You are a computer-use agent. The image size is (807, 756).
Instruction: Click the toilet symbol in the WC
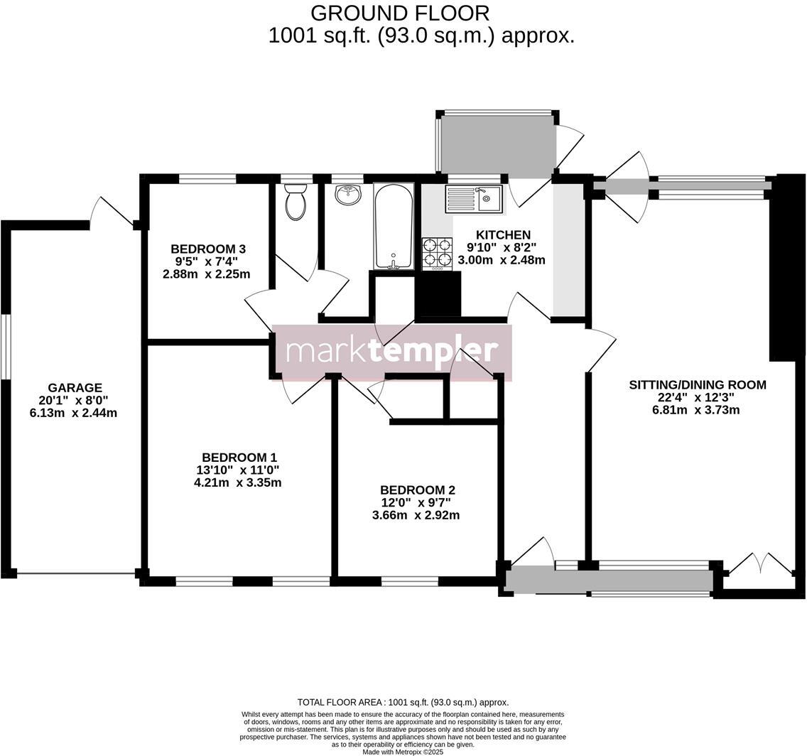pyautogui.click(x=296, y=202)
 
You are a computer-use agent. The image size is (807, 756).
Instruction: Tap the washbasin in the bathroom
pyautogui.click(x=347, y=195)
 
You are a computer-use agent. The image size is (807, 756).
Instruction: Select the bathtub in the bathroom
pyautogui.click(x=394, y=227)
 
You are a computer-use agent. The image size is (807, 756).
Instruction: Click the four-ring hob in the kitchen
pyautogui.click(x=437, y=254)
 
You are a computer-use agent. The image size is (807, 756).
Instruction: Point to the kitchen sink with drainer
pyautogui.click(x=473, y=198)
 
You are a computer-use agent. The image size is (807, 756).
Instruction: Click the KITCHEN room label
pyautogui.click(x=503, y=235)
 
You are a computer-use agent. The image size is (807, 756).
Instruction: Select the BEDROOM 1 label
pyautogui.click(x=239, y=458)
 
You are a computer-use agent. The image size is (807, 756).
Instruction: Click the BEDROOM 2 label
pyautogui.click(x=417, y=490)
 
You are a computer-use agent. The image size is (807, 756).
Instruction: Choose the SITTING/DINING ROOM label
pyautogui.click(x=697, y=385)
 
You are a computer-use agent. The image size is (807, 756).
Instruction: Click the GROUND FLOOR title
pyautogui.click(x=400, y=13)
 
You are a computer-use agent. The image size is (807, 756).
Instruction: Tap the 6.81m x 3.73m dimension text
pyautogui.click(x=695, y=410)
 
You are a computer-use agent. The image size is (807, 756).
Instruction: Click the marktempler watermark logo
pyautogui.click(x=391, y=352)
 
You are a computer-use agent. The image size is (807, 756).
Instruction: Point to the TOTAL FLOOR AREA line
pyautogui.click(x=403, y=702)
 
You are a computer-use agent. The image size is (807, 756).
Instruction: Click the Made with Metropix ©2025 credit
pyautogui.click(x=403, y=752)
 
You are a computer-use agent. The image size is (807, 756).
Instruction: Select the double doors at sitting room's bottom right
pyautogui.click(x=760, y=566)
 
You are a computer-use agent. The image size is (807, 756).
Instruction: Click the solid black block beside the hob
pyautogui.click(x=438, y=294)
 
